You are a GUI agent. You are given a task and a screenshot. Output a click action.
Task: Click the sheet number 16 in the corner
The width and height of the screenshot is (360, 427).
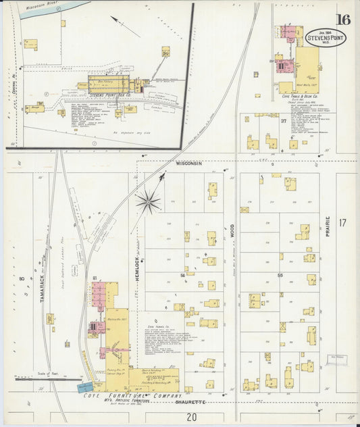343,19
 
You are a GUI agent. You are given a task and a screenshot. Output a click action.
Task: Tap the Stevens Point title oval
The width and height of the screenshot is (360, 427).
325,38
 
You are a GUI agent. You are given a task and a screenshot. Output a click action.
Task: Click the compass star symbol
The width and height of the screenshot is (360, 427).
147,201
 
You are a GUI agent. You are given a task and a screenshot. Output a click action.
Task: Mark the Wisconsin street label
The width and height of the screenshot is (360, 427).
188,164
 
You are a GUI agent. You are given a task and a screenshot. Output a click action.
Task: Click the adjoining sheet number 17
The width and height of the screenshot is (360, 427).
342,222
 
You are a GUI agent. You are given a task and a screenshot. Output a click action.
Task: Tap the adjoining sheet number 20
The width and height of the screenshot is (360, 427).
192,417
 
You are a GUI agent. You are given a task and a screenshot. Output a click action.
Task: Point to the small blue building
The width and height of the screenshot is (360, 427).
86,387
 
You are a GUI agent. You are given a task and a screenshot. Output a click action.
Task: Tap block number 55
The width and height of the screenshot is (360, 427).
279,276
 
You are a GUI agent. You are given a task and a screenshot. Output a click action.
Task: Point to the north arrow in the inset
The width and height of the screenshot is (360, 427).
124,26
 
